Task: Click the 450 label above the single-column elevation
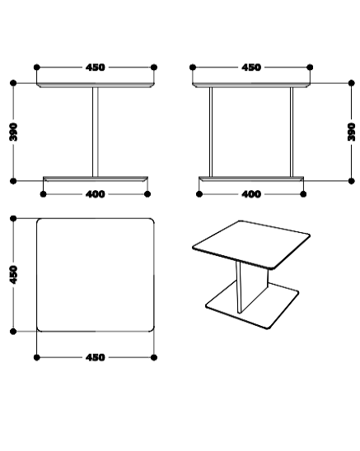pyautogui.click(x=96, y=67)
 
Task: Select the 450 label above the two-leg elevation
pyautogui.click(x=251, y=67)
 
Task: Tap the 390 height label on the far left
pyautogui.click(x=13, y=132)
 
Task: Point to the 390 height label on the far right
pyautogui.click(x=352, y=132)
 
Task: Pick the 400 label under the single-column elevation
pyautogui.click(x=96, y=194)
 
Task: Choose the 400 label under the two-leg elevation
pyautogui.click(x=251, y=194)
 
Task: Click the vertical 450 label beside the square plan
pyautogui.click(x=13, y=275)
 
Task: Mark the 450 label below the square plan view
pyautogui.click(x=96, y=357)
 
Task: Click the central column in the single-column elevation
pyautogui.click(x=96, y=132)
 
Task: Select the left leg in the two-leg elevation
pyautogui.click(x=211, y=132)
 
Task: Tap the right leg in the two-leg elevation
pyautogui.click(x=292, y=132)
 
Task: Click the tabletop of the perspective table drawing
pyautogui.click(x=251, y=244)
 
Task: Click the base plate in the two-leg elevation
pyautogui.click(x=251, y=179)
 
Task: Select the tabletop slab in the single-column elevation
pyautogui.click(x=96, y=85)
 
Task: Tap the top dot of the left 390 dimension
pyautogui.click(x=13, y=83)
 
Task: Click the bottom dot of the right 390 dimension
pyautogui.click(x=352, y=181)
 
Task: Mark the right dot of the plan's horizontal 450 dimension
pyautogui.click(x=154, y=357)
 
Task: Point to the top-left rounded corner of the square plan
pyautogui.click(x=38, y=220)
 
